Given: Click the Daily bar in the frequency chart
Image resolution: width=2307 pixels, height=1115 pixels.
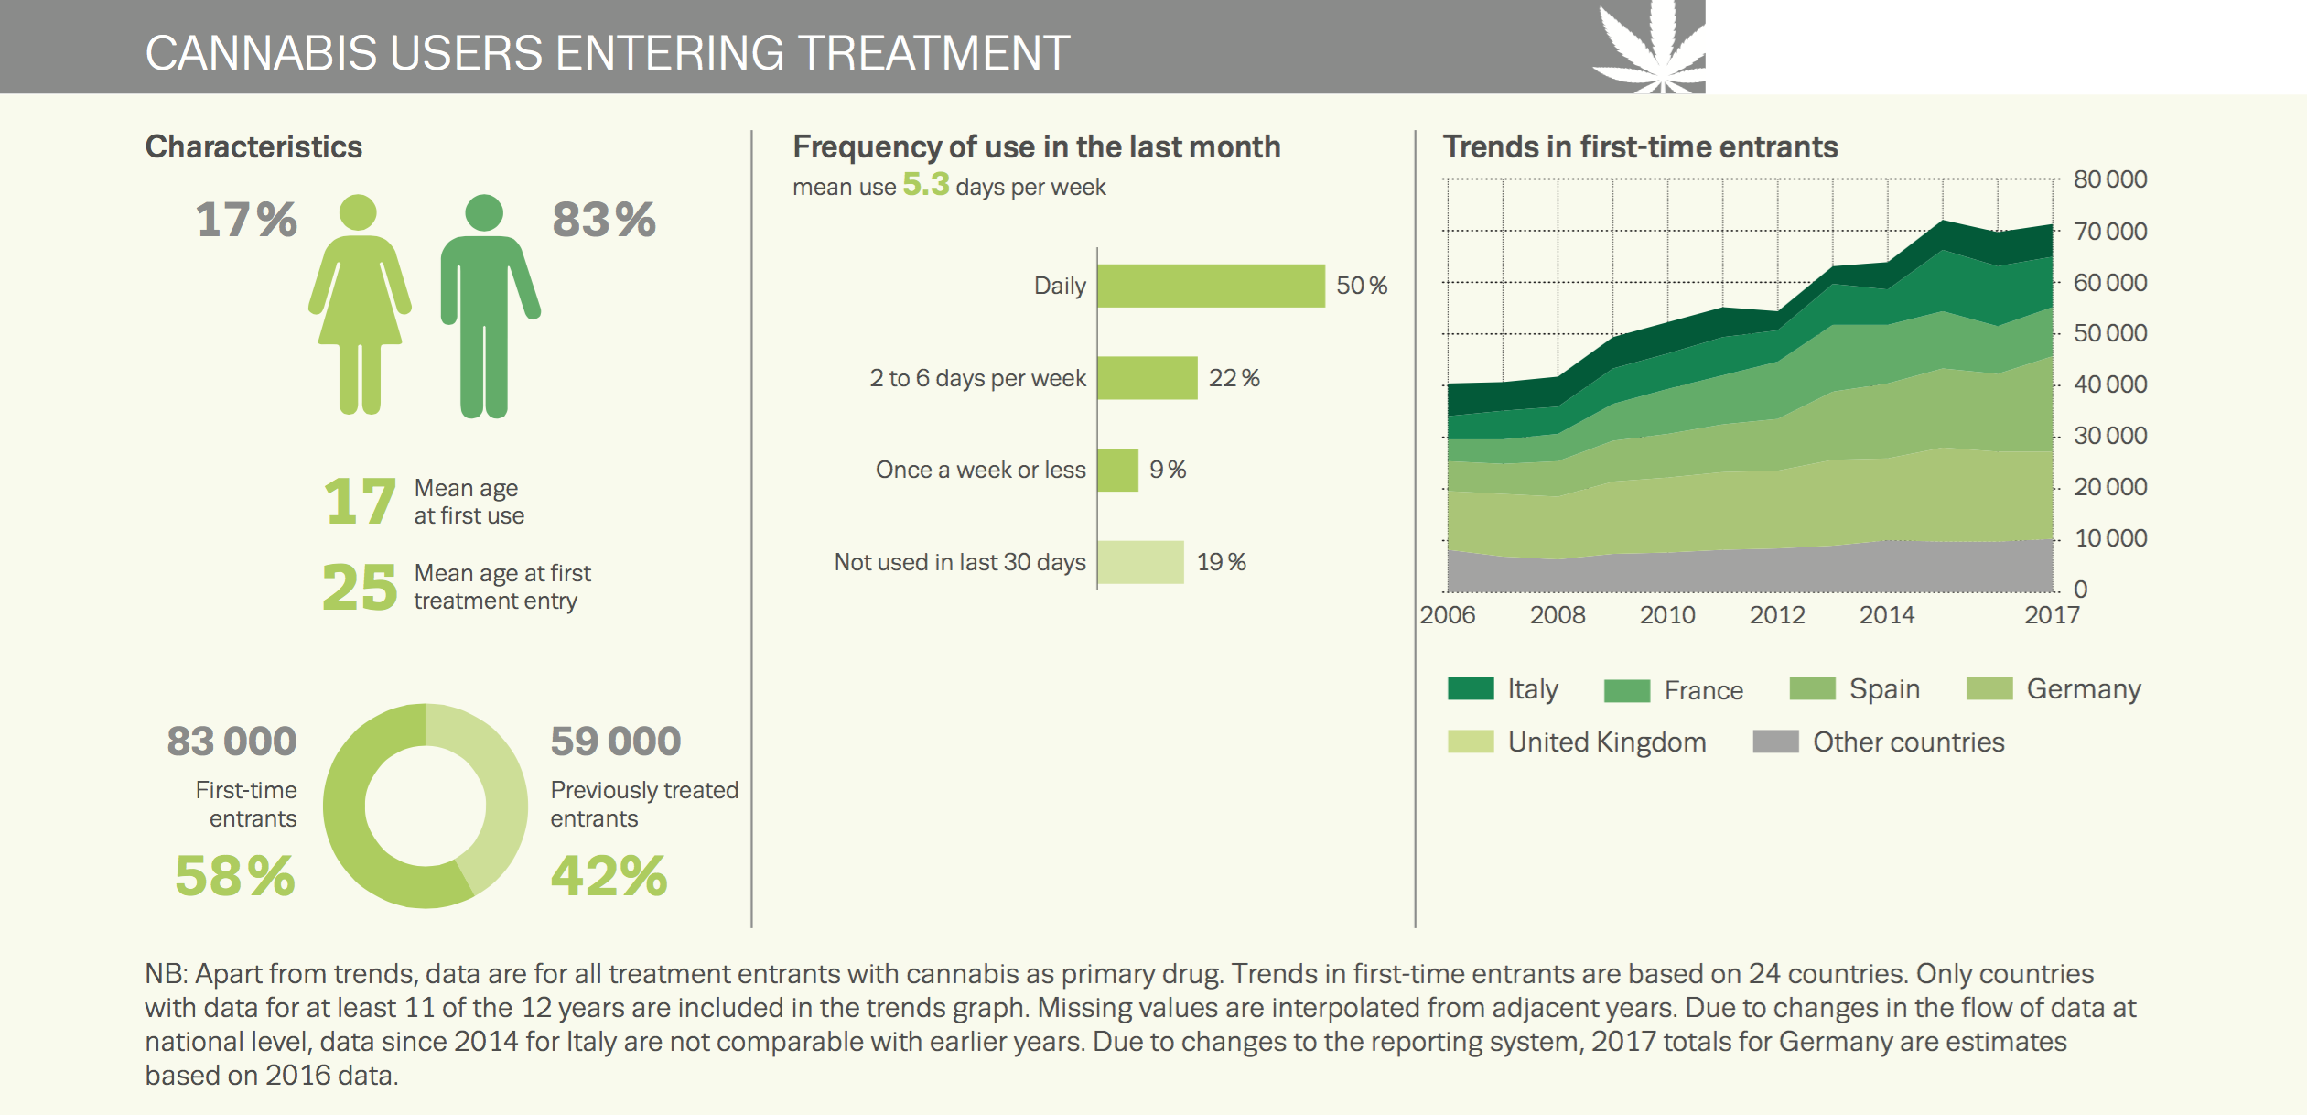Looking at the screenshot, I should (x=1210, y=286).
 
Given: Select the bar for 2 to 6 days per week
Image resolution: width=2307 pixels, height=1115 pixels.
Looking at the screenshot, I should (x=1147, y=378).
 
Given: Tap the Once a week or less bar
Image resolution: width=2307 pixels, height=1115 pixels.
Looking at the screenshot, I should (x=1117, y=470).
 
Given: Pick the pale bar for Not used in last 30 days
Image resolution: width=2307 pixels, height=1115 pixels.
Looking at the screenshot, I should (x=1140, y=562).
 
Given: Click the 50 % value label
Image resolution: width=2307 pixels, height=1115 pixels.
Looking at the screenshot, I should (x=1361, y=286).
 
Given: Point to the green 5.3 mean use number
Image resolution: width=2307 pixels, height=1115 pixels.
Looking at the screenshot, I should (x=925, y=184).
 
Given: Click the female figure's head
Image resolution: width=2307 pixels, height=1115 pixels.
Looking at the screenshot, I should (x=358, y=212).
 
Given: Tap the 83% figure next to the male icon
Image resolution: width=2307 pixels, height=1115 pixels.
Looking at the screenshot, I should (x=603, y=220).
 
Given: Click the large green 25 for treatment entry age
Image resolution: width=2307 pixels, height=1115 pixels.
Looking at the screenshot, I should (x=359, y=587).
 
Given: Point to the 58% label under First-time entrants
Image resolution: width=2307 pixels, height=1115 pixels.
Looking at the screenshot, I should (x=235, y=875).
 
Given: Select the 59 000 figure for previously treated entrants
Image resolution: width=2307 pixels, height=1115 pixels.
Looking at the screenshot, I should (x=615, y=742).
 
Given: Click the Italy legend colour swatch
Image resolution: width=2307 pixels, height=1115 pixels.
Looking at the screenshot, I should (x=1470, y=688).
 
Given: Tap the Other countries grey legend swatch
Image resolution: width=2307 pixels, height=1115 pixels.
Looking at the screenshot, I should (x=1774, y=742).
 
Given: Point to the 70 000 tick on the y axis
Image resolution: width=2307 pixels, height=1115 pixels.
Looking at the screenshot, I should (x=2109, y=231).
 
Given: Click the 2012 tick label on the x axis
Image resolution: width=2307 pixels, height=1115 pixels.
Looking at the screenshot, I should (x=1776, y=614).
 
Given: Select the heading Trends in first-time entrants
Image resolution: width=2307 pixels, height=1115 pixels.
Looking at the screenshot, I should (x=1639, y=146).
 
